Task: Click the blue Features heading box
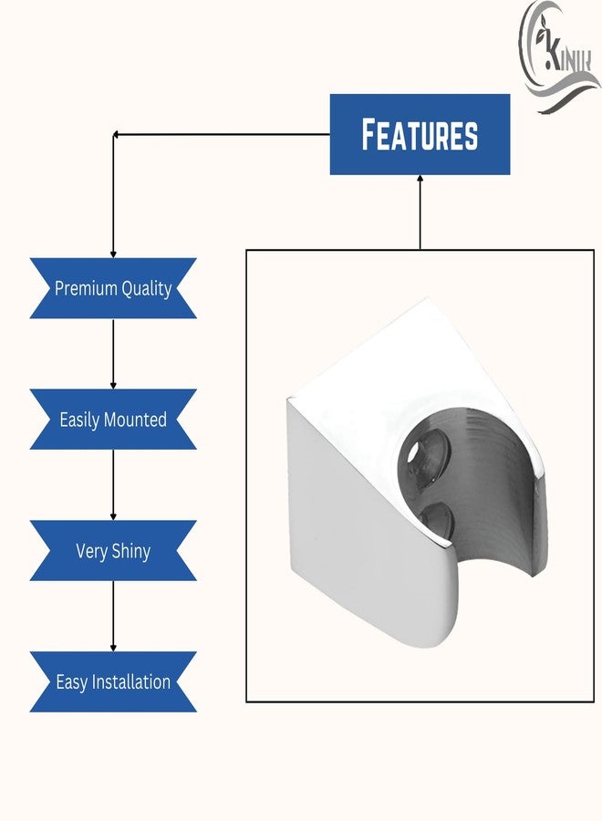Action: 420,135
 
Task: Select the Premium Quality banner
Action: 113,288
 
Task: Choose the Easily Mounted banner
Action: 113,420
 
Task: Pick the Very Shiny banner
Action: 113,551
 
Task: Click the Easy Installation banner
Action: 113,682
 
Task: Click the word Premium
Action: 86,288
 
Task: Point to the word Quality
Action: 147,289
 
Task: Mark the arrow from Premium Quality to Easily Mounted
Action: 113,354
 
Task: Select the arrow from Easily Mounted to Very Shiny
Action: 113,485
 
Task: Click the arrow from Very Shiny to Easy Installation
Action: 113,617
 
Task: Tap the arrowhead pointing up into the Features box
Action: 420,179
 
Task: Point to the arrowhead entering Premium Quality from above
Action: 113,255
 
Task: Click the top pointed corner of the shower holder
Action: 427,297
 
